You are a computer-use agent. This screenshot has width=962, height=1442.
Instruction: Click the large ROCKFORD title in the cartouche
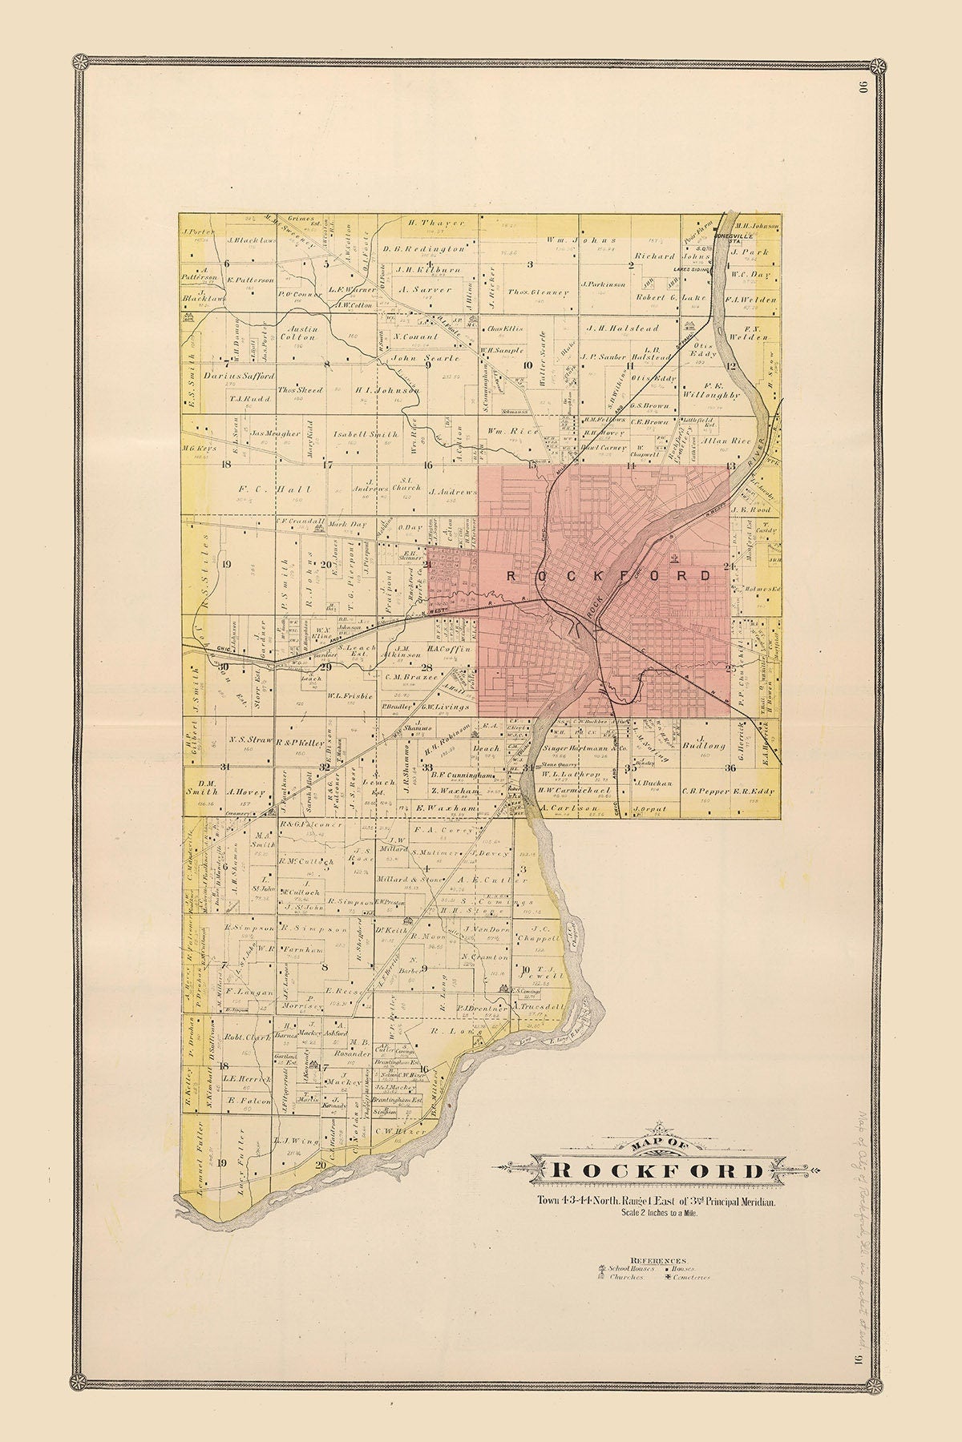tap(659, 1170)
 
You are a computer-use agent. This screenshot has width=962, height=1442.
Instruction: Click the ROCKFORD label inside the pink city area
tap(609, 575)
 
